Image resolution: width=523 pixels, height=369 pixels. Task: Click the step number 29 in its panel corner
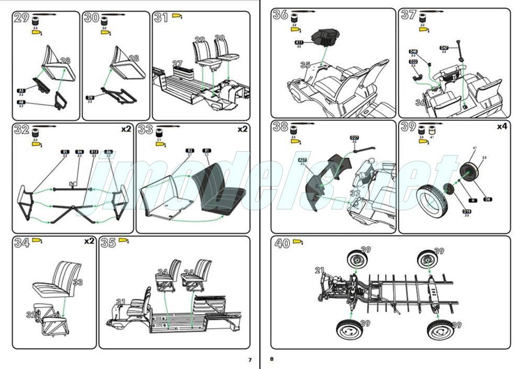coord(21,18)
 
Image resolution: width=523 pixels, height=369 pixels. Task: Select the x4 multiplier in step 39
coord(503,126)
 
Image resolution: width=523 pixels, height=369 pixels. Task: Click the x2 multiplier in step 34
coord(89,241)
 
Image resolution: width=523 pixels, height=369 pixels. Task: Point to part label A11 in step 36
coord(299,42)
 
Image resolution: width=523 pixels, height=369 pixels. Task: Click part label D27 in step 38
coord(355,138)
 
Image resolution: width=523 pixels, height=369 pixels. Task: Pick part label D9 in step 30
coord(90,97)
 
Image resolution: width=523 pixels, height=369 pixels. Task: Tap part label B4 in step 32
coord(79,151)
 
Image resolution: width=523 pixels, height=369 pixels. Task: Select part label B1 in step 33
coord(207,150)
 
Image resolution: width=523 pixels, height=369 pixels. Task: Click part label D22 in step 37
coord(413,62)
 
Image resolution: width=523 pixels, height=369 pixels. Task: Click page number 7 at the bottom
coord(249,360)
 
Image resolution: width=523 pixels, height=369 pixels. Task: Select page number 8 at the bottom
coord(272,360)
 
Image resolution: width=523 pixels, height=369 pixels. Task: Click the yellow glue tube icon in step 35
coord(124,241)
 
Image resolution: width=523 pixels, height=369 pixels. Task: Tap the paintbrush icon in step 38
coord(303,123)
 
